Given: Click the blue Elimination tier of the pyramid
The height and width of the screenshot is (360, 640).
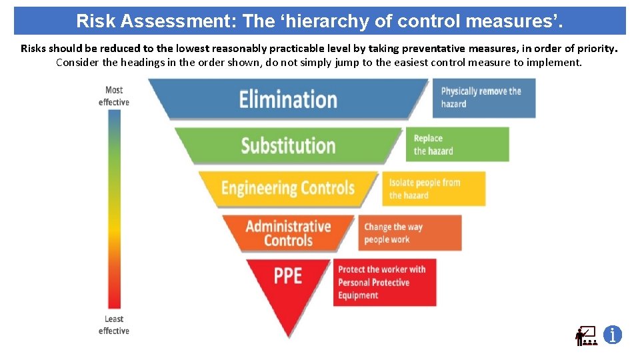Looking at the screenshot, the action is coord(288,99).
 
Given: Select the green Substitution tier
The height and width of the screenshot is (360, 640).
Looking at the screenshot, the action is coord(288,145).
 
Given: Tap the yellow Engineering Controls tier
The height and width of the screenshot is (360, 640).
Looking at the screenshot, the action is coord(288,188).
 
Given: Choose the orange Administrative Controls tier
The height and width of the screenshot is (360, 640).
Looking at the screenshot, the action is coord(288,233).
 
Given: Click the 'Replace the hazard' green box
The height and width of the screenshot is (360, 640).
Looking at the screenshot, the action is coord(457,145).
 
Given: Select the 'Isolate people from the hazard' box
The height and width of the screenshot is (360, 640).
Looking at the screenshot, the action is coord(434,189).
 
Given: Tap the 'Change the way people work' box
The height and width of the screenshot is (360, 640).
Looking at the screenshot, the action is coord(410,233).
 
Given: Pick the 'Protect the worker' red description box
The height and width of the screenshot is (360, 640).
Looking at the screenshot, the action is coord(385,283).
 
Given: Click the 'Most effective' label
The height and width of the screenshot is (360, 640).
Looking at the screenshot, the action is coord(114,96).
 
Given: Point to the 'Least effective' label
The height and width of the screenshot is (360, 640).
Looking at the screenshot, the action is coord(114,325).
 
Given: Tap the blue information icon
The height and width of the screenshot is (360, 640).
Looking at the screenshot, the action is coord(613,335).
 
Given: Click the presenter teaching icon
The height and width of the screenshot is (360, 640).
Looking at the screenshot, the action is coord(586,335).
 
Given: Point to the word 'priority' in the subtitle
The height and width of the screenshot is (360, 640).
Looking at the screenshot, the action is coord(597,48).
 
